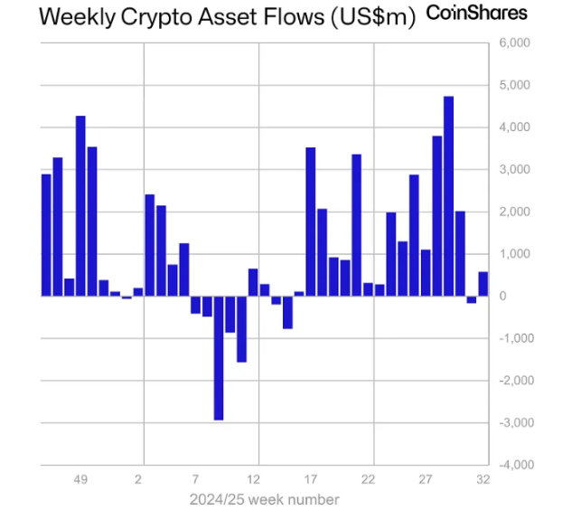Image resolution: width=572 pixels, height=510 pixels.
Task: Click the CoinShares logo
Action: (x=476, y=14)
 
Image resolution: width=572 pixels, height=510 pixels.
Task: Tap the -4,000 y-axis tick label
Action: (x=515, y=465)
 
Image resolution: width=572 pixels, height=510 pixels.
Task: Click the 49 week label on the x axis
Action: (x=80, y=479)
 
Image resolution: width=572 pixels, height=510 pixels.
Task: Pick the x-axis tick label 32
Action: (x=483, y=479)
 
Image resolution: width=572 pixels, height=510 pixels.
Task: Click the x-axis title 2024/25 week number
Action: (x=265, y=499)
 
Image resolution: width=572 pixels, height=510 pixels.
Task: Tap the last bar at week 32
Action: (x=483, y=284)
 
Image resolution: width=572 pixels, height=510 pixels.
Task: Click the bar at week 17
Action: (x=311, y=222)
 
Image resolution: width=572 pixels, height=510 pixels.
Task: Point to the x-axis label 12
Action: (x=254, y=479)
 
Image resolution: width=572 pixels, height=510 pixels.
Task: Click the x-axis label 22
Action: (x=369, y=479)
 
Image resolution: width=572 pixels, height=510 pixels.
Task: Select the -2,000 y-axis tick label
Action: (x=515, y=381)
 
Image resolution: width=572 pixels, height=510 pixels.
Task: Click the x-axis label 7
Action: (x=196, y=479)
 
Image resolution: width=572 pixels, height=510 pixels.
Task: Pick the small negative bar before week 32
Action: (x=471, y=299)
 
